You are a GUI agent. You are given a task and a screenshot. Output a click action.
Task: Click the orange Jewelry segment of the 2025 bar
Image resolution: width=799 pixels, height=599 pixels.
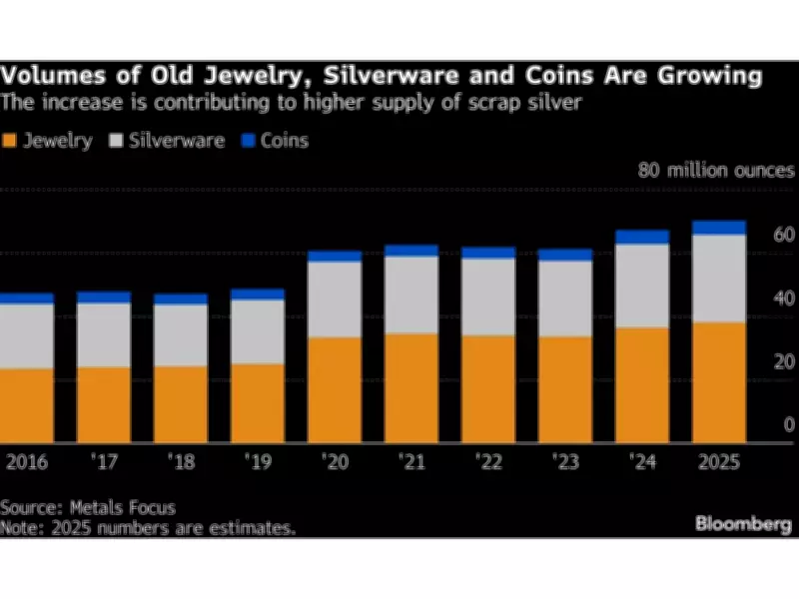pyautogui.click(x=718, y=382)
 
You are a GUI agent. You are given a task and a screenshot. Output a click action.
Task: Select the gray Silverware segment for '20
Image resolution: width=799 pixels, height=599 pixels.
pyautogui.click(x=335, y=299)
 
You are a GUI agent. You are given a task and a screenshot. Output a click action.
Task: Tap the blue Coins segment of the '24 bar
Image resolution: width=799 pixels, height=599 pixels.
pyautogui.click(x=642, y=237)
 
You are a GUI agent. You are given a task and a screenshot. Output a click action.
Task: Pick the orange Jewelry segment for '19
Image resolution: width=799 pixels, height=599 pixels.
pyautogui.click(x=258, y=403)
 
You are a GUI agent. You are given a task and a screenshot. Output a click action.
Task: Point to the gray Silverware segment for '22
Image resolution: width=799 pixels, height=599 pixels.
pyautogui.click(x=488, y=297)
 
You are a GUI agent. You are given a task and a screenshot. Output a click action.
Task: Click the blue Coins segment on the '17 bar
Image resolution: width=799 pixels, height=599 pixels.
pyautogui.click(x=104, y=298)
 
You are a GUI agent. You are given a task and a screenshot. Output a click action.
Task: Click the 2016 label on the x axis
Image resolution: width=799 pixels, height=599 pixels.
pyautogui.click(x=27, y=464)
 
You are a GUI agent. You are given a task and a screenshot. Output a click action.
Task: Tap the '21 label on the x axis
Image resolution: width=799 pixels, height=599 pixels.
pyautogui.click(x=411, y=464)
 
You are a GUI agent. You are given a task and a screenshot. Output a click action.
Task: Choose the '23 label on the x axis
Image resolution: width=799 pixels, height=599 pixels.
pyautogui.click(x=565, y=464)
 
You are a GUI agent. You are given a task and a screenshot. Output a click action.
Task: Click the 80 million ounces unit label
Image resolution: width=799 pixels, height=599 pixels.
pyautogui.click(x=716, y=170)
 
